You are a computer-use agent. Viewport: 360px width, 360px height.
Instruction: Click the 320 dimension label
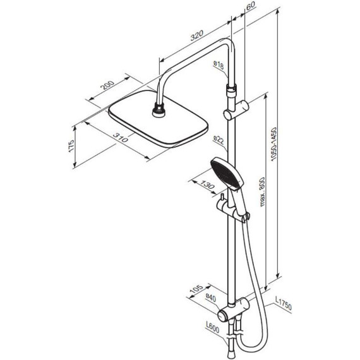point(197,35)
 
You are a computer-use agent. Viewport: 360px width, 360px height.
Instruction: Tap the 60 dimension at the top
point(251,5)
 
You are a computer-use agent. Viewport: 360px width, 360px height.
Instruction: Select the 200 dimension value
point(107,85)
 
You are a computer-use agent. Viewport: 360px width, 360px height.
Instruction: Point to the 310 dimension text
point(120,137)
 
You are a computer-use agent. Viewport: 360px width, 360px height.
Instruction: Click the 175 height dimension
point(71,145)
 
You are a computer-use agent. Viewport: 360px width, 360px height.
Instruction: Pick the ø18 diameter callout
point(219,65)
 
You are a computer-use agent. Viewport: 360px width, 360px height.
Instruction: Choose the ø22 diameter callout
point(219,140)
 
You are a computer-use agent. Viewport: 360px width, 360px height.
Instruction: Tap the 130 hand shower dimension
point(208,184)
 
